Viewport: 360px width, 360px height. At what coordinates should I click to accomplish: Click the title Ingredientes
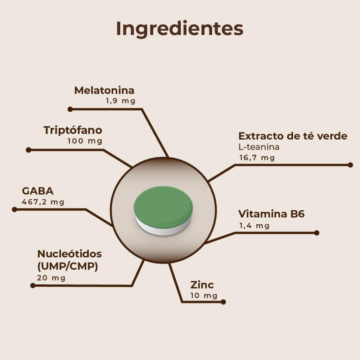coord(180,29)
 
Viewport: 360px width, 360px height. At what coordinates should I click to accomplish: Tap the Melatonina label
coord(104,90)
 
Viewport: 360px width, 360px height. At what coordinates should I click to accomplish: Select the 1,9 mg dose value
coord(120,101)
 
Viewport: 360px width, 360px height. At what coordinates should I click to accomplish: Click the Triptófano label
coord(73,130)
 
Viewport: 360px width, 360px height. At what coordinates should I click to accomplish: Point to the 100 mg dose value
coord(85,141)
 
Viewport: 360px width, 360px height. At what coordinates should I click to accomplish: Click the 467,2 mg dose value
coord(43,202)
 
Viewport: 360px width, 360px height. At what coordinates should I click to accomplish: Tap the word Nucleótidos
coord(69,254)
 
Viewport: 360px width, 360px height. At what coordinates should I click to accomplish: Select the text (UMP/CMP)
coord(68,267)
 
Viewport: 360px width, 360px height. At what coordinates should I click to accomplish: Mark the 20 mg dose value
coord(51,278)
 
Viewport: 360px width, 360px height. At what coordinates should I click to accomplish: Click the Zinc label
coord(202,285)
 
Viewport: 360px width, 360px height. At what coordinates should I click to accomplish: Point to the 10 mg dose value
coord(204,296)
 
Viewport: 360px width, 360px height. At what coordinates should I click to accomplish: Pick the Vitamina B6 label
coord(271,214)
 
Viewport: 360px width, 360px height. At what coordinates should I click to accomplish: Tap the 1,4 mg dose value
coord(254,226)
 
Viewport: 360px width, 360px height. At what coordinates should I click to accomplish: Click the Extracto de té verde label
coord(293,136)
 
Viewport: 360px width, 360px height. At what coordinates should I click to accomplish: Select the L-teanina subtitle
coord(259,147)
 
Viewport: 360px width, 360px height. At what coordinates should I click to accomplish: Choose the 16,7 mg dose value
coord(257,158)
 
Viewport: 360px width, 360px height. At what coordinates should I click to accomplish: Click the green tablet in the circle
coord(163,207)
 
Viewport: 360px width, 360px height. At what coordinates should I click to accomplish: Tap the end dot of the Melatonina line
coord(70,109)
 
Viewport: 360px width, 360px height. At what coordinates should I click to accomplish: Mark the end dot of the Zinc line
coord(223,302)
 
